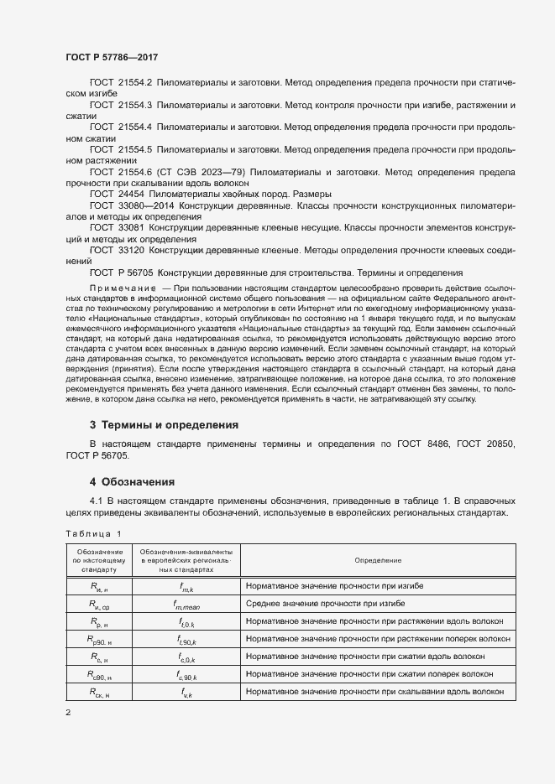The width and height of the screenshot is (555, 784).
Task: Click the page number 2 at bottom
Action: [68, 713]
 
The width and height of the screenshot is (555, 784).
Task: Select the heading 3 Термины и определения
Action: [164, 425]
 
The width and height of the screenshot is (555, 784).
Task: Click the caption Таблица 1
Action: [92, 533]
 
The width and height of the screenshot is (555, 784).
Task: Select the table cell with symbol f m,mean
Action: [186, 603]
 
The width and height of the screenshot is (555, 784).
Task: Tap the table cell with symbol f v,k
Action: [186, 692]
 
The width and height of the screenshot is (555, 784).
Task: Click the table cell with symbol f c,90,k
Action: [186, 674]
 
